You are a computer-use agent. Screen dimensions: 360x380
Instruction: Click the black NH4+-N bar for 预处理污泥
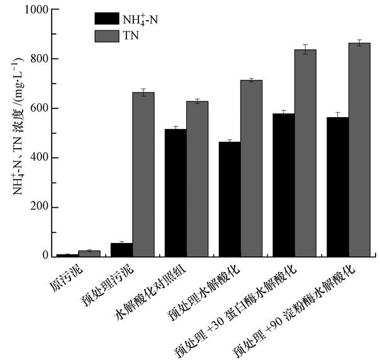click(x=121, y=250)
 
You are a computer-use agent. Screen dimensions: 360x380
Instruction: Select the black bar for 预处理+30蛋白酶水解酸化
click(x=283, y=185)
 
